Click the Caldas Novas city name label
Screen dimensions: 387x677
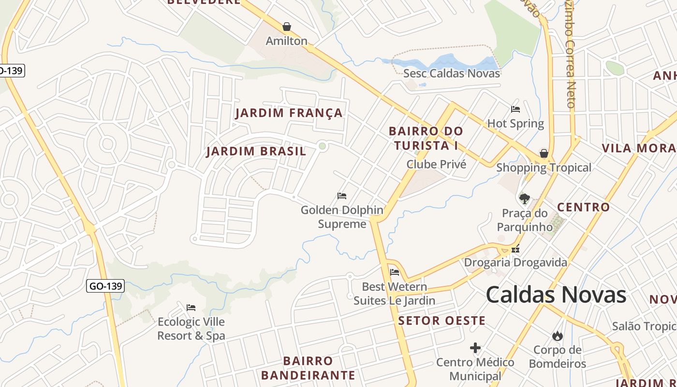click(556, 295)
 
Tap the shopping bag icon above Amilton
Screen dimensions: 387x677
click(287, 27)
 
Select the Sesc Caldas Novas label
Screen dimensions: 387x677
click(452, 74)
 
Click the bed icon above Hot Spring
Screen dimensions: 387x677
click(515, 109)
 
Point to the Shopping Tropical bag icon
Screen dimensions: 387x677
click(544, 154)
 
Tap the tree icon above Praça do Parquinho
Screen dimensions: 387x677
click(524, 198)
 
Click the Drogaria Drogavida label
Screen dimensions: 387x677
click(515, 263)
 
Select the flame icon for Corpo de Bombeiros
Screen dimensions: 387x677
click(557, 335)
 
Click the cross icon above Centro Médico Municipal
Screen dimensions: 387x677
click(475, 348)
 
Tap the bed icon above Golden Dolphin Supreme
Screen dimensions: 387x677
click(342, 196)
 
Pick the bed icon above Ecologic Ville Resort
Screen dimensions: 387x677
click(191, 307)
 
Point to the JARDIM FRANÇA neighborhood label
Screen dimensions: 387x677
click(289, 113)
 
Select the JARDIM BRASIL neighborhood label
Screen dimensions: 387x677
click(256, 151)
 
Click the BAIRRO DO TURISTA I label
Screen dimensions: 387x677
click(426, 138)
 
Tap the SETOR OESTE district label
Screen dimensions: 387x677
click(442, 320)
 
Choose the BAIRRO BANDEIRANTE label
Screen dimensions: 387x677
click(308, 368)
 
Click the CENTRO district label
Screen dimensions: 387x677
click(583, 207)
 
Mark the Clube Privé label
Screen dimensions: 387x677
click(436, 164)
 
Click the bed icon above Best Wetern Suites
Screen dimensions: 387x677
click(395, 272)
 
